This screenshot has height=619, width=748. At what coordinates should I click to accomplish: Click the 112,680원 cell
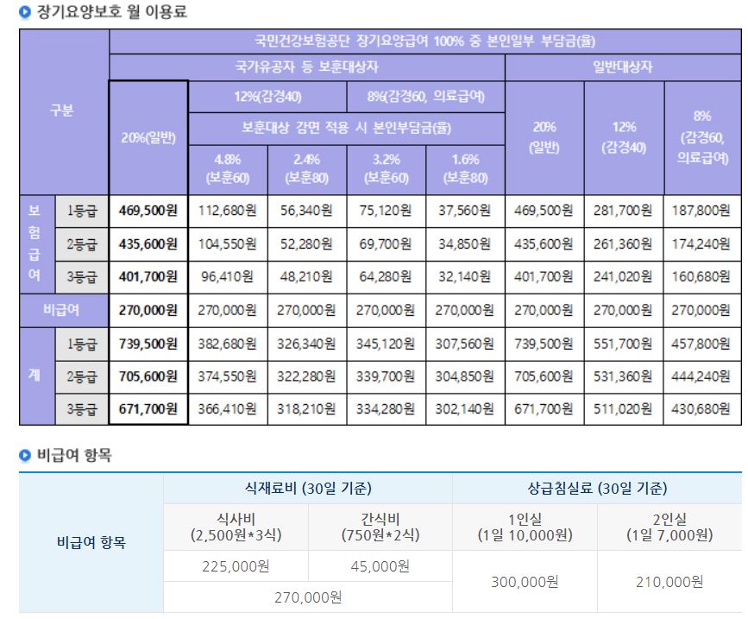(228, 210)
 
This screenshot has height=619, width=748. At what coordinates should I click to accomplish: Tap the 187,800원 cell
(701, 210)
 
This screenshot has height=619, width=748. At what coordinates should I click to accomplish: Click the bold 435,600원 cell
(148, 243)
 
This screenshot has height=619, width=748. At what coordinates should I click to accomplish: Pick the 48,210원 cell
(306, 277)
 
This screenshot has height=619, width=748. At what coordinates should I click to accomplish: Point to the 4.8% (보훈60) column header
(228, 169)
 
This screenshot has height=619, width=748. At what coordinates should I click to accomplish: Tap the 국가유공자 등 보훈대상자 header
(306, 66)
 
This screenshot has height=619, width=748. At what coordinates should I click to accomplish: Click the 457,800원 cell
(701, 343)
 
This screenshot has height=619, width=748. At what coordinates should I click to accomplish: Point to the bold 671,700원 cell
(148, 409)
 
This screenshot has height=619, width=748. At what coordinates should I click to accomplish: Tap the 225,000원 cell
(235, 566)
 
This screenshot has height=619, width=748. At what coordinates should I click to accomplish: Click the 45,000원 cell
(380, 566)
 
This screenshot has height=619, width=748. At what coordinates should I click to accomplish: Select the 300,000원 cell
(524, 582)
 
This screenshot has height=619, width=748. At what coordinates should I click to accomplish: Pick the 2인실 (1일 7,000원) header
(669, 527)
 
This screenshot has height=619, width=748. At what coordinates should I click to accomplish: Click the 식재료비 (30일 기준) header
(307, 488)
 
